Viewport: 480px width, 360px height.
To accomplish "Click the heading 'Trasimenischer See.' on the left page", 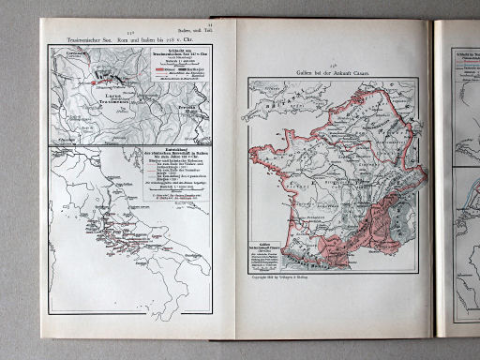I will (x=82, y=40).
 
